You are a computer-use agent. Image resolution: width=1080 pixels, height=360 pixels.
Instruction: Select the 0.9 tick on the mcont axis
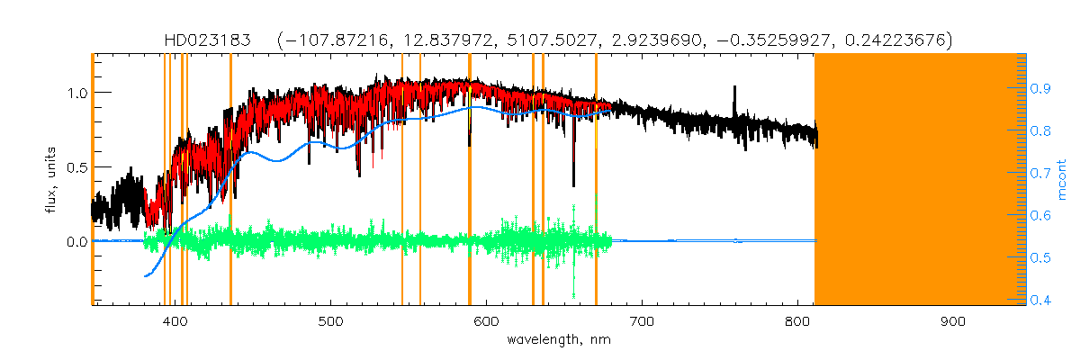pyautogui.click(x=1042, y=88)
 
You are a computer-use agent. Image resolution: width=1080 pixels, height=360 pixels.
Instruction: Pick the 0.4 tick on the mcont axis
pyautogui.click(x=1042, y=301)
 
